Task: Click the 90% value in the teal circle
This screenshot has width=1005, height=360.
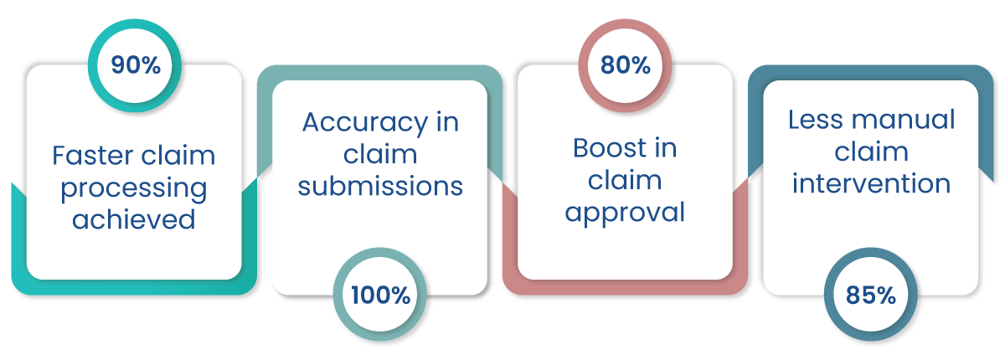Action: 136,65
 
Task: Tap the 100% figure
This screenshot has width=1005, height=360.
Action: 380,296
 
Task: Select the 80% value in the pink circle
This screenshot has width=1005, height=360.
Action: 626,65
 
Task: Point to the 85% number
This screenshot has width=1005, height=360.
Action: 871,296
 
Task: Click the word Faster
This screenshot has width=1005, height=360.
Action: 92,156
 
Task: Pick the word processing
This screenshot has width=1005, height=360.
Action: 134,188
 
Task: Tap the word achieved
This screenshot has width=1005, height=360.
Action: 134,219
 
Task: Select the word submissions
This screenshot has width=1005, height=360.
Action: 380,186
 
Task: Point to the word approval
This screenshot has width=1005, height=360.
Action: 625,213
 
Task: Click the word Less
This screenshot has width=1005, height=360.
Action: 816,120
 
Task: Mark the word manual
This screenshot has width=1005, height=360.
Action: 904,120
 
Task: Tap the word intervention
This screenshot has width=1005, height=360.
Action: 871,183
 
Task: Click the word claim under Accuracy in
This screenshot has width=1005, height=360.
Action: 380,154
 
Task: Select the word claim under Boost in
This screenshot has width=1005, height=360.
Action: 625,180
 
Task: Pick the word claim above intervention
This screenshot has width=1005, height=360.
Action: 871,152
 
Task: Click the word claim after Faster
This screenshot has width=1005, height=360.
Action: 178,156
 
